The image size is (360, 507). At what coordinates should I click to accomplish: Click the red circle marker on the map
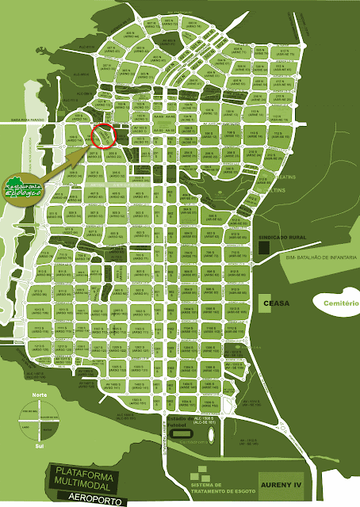[x=102, y=135]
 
